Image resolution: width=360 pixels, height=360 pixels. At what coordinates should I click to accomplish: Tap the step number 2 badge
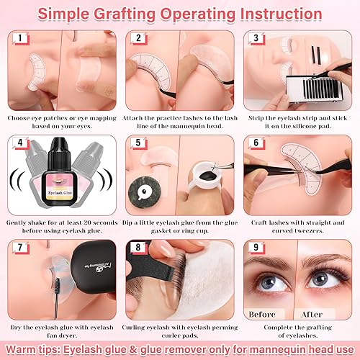tap(138, 38)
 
